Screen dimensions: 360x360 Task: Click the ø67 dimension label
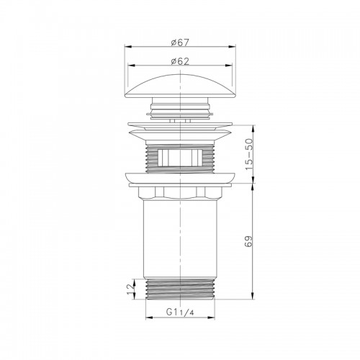tap(180, 42)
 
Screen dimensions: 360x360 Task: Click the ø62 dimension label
tap(180, 61)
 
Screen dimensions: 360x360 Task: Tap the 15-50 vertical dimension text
tap(249, 154)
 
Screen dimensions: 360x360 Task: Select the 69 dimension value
tap(249, 241)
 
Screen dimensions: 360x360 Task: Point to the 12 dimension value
tap(130, 289)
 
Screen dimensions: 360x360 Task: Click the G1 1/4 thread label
tap(180, 312)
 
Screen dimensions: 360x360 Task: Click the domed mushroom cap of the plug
tap(180, 86)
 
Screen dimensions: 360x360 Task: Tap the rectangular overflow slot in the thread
tap(180, 158)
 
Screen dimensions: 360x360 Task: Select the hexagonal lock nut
tap(180, 193)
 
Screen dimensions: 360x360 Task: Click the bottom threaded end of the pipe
tap(180, 289)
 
